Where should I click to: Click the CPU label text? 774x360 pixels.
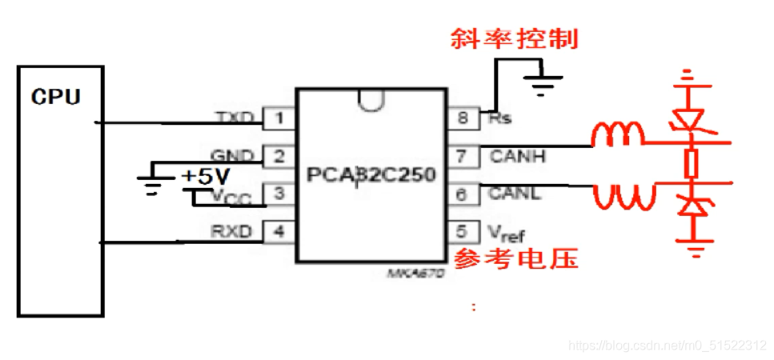pyautogui.click(x=56, y=97)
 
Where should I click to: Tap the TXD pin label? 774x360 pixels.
pyautogui.click(x=235, y=118)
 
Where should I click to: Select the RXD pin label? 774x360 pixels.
pyautogui.click(x=232, y=231)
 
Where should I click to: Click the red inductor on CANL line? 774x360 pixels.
pyautogui.click(x=618, y=195)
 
